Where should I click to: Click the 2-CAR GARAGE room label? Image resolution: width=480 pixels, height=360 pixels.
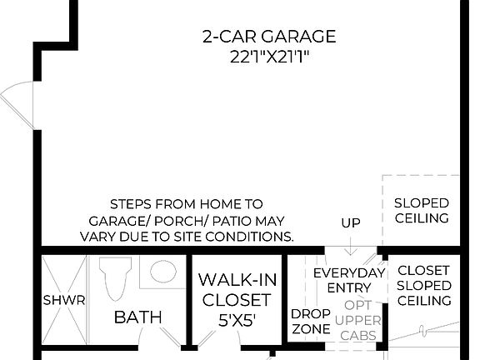point(269,37)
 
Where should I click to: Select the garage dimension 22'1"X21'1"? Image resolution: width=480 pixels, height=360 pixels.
point(269,58)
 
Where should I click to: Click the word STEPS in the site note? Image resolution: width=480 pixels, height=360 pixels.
point(131,204)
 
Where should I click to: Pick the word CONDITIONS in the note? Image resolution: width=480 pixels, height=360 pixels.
point(253,236)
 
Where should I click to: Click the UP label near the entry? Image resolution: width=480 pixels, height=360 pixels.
point(350,222)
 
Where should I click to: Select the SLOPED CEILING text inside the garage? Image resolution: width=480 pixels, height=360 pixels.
point(421,211)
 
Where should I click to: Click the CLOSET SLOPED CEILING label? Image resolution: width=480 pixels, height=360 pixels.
point(423,285)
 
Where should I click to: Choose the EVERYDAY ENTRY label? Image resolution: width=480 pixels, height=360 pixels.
point(349,280)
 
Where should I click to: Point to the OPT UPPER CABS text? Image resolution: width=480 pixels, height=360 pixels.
point(362,320)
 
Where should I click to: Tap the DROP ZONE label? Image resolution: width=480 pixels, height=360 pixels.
point(310,322)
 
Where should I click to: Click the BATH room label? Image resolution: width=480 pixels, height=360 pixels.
point(137,317)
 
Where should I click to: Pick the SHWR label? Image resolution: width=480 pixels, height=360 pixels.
point(63,300)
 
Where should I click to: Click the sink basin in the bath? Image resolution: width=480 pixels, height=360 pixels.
point(163,272)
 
